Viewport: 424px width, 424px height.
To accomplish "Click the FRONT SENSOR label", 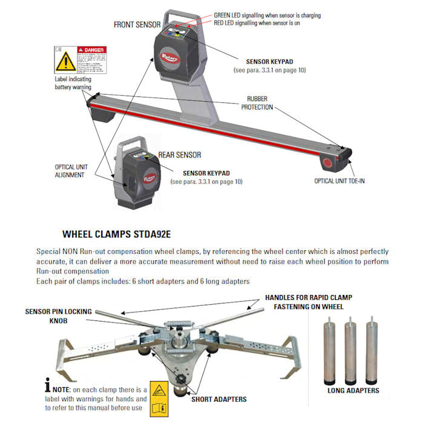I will coord(136,24).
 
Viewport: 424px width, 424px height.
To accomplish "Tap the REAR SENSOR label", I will coord(179,155).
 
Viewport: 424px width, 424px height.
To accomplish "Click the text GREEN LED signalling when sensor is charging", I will coord(267,15).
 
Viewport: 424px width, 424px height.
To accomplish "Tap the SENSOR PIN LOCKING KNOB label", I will coord(59,316).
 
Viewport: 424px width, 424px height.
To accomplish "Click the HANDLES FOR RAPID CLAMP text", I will coord(309,297).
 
